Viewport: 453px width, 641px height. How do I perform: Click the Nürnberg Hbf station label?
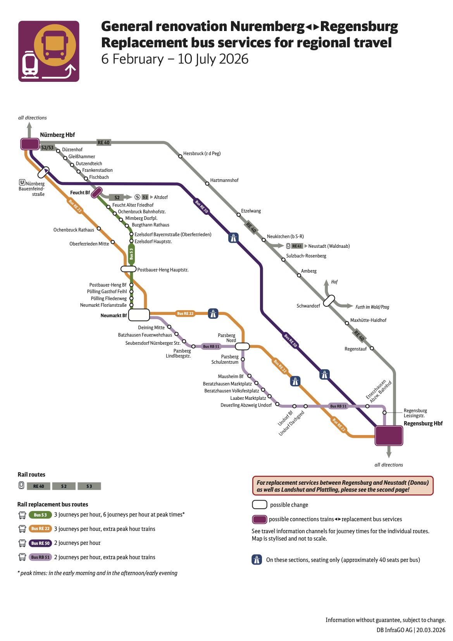[57, 135]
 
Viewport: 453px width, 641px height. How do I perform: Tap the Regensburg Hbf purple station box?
[389, 435]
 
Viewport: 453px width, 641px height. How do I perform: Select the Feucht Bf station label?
[80, 193]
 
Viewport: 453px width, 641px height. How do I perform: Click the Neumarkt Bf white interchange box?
[139, 315]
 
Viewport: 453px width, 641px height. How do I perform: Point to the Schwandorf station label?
[308, 306]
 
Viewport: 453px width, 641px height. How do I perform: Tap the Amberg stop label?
[309, 271]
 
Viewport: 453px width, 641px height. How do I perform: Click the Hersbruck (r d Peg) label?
[202, 154]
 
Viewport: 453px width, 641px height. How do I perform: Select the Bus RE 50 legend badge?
[40, 543]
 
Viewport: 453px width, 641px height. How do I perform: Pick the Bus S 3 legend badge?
[40, 515]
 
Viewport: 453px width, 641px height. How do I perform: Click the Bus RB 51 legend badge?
[40, 557]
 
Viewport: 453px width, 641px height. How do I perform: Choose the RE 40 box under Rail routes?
[38, 486]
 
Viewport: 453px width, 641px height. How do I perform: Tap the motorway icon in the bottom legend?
[257, 560]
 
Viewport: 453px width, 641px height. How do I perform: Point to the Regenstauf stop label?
[355, 349]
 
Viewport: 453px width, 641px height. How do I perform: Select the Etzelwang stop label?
[251, 211]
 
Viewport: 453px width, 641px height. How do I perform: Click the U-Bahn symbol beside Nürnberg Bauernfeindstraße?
[22, 182]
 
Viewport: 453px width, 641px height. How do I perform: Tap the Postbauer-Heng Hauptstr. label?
[163, 270]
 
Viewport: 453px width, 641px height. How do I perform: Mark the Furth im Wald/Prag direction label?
[372, 307]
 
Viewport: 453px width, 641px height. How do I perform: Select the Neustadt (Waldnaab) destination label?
[329, 246]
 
